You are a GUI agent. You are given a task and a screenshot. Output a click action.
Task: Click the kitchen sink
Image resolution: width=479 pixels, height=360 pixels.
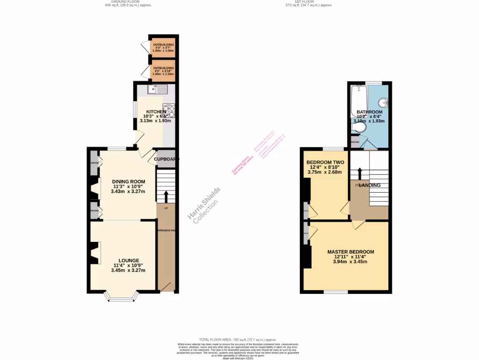(x=158, y=89)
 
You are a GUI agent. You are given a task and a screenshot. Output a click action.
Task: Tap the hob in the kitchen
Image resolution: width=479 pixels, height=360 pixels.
(x=168, y=111)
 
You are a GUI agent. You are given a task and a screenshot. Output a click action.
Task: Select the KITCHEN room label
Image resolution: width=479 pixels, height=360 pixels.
(x=155, y=112)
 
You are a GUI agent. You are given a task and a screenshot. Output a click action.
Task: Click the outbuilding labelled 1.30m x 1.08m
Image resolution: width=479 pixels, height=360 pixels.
(x=163, y=47)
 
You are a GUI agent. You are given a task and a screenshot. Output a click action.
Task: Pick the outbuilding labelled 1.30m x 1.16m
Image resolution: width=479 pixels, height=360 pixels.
(x=163, y=70)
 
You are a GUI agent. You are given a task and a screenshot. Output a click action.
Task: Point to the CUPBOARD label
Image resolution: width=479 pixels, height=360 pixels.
(x=167, y=159)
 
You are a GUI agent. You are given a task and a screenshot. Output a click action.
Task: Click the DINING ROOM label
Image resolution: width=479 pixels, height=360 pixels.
(x=128, y=181)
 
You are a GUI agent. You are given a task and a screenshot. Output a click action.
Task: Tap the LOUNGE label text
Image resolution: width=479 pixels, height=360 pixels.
(x=128, y=261)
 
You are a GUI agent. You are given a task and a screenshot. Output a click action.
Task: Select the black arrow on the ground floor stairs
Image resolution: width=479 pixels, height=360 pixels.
(x=166, y=195)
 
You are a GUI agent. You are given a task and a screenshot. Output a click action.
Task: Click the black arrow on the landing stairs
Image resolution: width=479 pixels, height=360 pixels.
(x=359, y=173)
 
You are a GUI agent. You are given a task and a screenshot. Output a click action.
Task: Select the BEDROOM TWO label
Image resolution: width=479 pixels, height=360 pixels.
(x=325, y=162)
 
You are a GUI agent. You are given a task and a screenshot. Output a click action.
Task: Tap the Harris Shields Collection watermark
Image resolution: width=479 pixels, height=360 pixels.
(x=204, y=205)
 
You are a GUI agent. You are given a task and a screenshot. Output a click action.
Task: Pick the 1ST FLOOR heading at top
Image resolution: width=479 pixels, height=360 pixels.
(x=309, y=2)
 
